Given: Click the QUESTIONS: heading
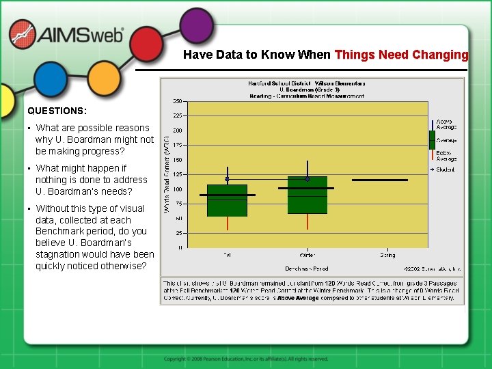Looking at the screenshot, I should [57, 110].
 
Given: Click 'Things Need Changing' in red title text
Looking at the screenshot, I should [402, 55].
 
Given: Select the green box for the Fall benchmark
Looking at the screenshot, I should [227, 200].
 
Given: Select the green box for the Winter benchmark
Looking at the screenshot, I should [307, 195].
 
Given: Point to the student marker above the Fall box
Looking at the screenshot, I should [227, 179].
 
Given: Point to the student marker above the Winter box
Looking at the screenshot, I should [307, 179].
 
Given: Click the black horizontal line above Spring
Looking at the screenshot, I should [380, 180].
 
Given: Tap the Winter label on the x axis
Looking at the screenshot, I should [307, 255].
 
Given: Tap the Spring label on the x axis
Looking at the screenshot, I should [387, 255].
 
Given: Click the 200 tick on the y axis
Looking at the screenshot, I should [177, 130].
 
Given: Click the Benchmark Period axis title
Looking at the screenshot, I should [306, 268].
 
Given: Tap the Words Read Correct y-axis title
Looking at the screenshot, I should [167, 174].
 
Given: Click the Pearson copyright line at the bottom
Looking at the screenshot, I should [246, 359].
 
